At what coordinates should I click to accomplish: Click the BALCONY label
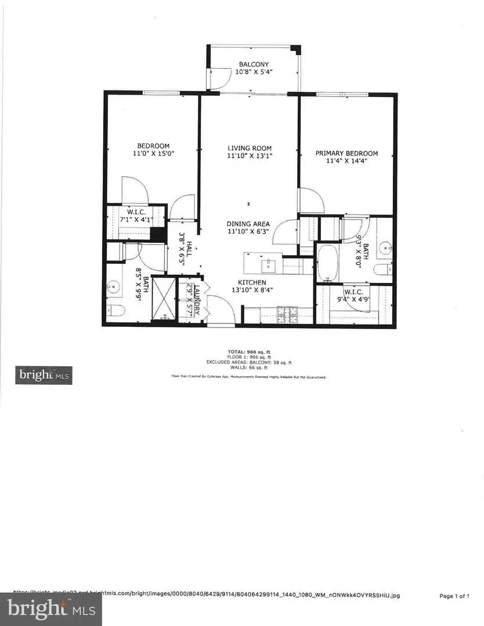pyautogui.click(x=254, y=64)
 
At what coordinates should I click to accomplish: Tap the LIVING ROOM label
pyautogui.click(x=249, y=148)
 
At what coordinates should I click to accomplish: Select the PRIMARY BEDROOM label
pyautogui.click(x=346, y=153)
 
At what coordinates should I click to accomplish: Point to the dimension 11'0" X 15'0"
pyautogui.click(x=153, y=153)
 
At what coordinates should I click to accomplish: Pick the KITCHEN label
pyautogui.click(x=249, y=282)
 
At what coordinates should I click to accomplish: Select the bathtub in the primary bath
pyautogui.click(x=330, y=264)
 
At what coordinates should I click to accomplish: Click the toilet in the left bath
pyautogui.click(x=114, y=311)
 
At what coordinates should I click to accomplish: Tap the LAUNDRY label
pyautogui.click(x=197, y=299)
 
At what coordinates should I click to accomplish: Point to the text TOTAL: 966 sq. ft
pyautogui.click(x=249, y=352)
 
